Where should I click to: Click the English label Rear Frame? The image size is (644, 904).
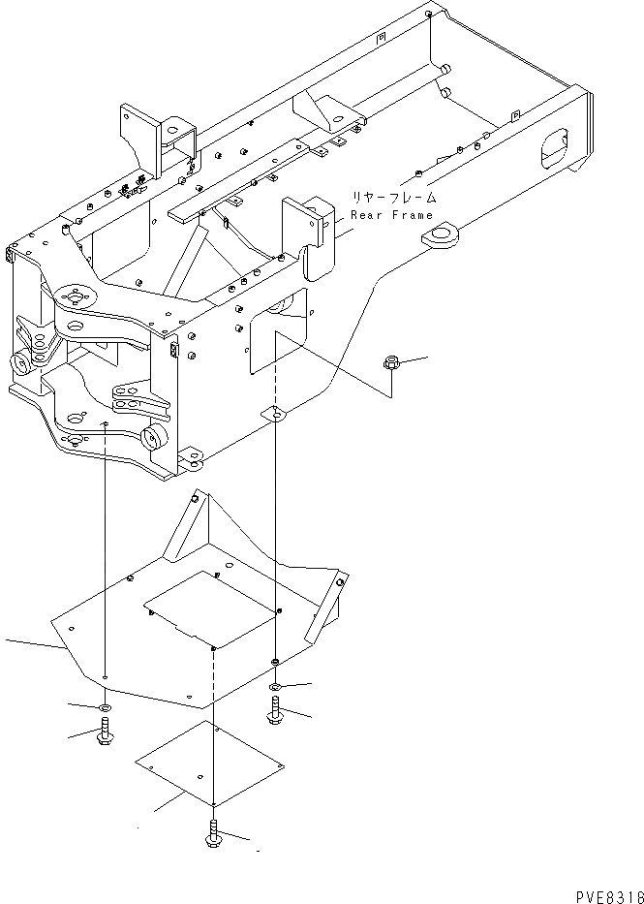click(392, 215)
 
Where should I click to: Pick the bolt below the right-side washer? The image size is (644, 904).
click(275, 715)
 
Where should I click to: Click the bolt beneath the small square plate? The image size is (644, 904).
click(213, 833)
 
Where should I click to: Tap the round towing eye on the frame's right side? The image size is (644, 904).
click(442, 235)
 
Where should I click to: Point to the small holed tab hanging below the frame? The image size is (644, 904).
click(276, 415)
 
